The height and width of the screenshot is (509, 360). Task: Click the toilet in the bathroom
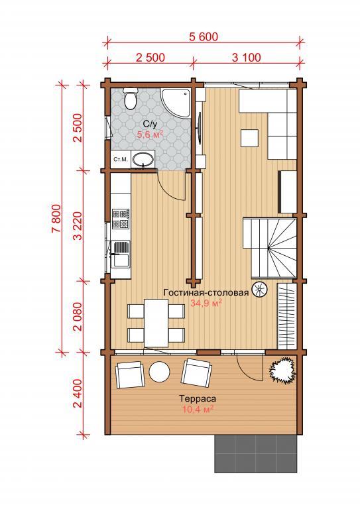131,98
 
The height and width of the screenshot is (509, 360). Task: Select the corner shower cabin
175,103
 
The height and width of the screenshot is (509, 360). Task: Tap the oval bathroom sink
143,159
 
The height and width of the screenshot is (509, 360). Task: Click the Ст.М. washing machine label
121,159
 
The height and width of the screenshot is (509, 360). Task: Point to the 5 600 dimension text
204,36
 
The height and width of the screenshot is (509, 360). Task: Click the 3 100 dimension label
247,58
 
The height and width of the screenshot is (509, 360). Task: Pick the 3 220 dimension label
78,225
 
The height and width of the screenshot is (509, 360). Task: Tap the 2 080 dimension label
78,316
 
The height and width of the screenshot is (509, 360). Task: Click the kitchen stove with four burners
121,219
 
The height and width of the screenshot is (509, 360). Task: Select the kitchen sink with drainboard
121,254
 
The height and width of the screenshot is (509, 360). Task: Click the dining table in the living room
156,323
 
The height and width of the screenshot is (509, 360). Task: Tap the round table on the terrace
159,372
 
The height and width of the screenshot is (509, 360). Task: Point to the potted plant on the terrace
283,371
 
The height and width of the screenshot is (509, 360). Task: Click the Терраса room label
198,398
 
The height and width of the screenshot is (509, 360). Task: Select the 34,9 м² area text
206,304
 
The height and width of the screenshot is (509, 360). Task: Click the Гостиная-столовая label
206,292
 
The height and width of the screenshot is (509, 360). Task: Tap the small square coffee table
250,139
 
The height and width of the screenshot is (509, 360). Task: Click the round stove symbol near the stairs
260,288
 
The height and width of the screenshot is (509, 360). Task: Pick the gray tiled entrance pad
256,453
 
